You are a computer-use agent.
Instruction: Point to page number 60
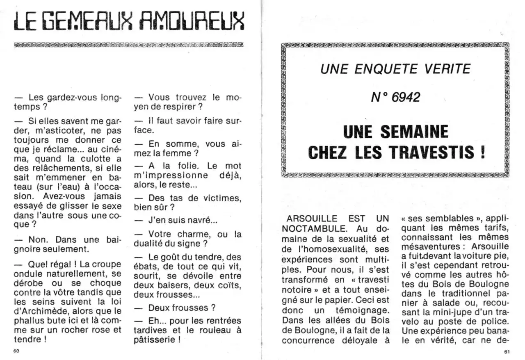tap(16, 351)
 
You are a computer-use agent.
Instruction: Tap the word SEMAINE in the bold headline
tap(415, 132)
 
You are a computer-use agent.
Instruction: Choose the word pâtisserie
tap(156, 339)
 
